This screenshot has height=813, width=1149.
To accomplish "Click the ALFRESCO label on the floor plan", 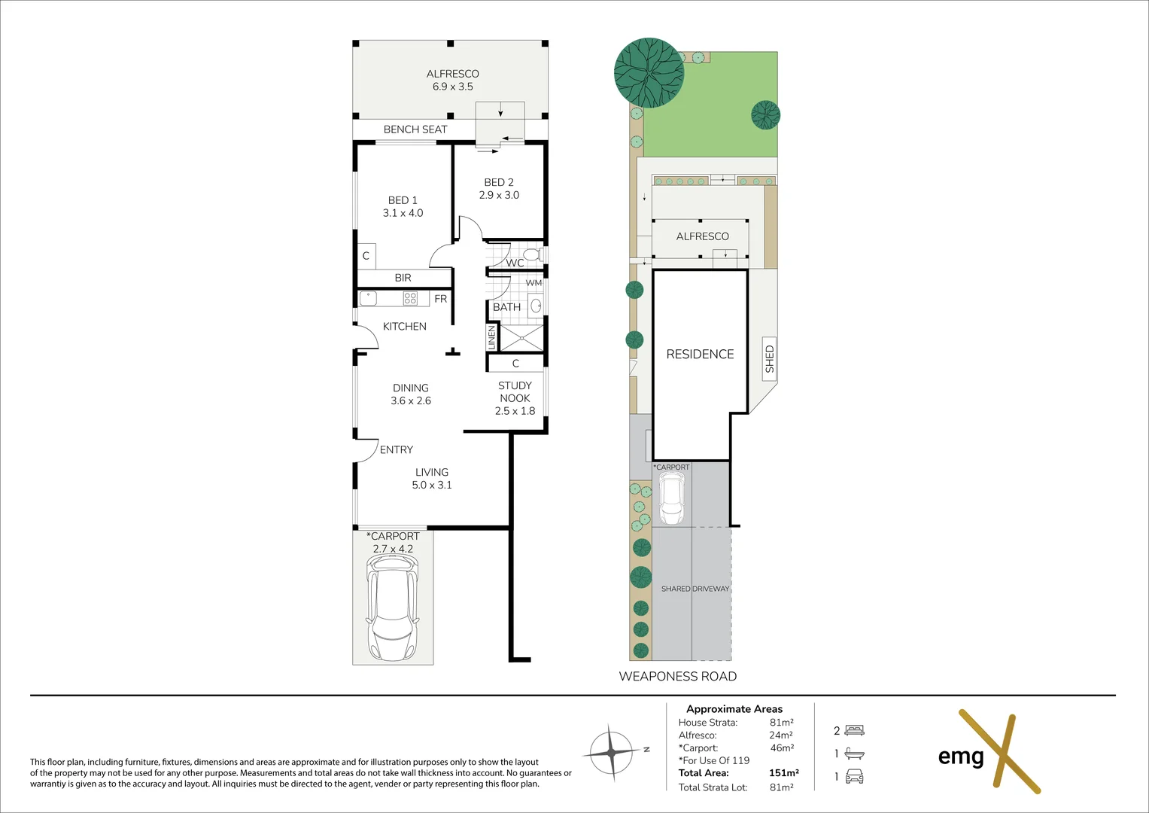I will pyautogui.click(x=452, y=74).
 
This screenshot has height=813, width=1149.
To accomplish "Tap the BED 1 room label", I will pyautogui.click(x=403, y=200).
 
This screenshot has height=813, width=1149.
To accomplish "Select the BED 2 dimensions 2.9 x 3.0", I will pyautogui.click(x=499, y=195).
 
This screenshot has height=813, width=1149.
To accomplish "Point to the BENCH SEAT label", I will pyautogui.click(x=415, y=129).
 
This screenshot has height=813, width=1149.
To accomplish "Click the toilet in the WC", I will pyautogui.click(x=533, y=254).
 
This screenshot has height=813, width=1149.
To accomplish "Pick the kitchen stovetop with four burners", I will pyautogui.click(x=410, y=298).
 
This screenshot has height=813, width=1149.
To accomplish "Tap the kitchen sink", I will pyautogui.click(x=368, y=298).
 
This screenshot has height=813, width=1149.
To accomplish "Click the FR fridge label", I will pyautogui.click(x=440, y=299).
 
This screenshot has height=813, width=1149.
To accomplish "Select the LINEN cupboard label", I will pyautogui.click(x=492, y=336).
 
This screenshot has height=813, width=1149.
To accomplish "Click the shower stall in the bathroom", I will pyautogui.click(x=521, y=338).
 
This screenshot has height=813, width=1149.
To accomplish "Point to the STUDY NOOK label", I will pyautogui.click(x=515, y=391).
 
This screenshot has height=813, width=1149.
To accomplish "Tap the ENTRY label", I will pyautogui.click(x=396, y=449).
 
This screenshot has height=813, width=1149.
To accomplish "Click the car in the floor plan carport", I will pyautogui.click(x=392, y=613).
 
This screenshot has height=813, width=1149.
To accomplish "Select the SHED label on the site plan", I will pyautogui.click(x=769, y=359).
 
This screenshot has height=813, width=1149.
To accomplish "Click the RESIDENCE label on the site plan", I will pyautogui.click(x=700, y=354).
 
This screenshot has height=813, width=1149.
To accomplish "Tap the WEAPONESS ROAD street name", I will pyautogui.click(x=677, y=676).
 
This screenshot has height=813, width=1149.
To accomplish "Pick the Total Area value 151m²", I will pyautogui.click(x=783, y=772).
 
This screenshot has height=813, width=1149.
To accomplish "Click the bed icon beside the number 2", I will pyautogui.click(x=854, y=730).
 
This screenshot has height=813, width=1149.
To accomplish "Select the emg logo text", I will pyautogui.click(x=961, y=756).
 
